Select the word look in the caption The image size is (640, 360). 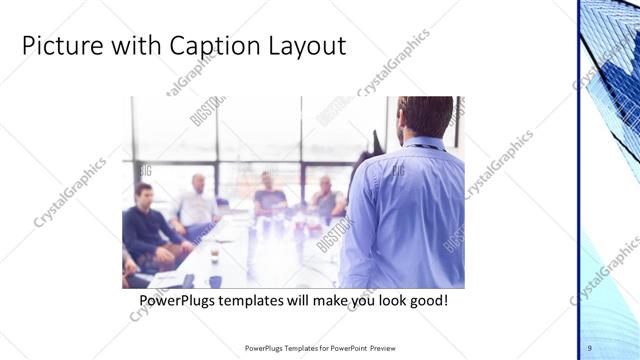point(392,300)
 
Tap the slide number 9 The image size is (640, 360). point(589,347)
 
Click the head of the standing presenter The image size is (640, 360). point(425,115)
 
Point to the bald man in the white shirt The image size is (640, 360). point(197,205)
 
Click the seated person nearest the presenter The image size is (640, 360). point(327,200)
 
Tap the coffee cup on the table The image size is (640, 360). point(214,255)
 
